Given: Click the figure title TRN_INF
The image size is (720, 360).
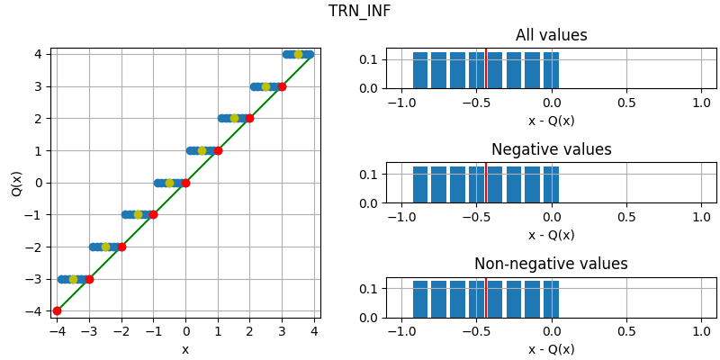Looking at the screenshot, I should click(359, 12).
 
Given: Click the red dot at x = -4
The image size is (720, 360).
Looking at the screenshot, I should click(57, 310).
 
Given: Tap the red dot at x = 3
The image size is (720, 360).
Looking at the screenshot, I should click(282, 86).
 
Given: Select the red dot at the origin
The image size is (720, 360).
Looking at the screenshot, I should click(185, 183).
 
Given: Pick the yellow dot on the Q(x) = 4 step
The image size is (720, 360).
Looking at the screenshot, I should click(298, 54).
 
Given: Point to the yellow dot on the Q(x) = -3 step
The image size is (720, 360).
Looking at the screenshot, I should click(73, 279).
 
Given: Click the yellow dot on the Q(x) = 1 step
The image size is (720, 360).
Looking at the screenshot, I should click(202, 150).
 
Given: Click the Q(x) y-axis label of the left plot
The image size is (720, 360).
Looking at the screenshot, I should click(16, 183).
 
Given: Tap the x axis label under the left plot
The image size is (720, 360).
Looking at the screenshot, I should click(185, 349).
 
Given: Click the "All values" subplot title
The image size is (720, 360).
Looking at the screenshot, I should click(551, 36).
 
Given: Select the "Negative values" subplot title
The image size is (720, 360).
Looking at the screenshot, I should click(551, 150).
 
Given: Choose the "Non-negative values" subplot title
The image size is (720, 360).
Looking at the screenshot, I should click(551, 265).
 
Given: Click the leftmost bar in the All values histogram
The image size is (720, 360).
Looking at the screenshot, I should click(420, 71).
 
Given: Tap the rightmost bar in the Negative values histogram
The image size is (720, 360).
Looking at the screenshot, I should click(551, 185).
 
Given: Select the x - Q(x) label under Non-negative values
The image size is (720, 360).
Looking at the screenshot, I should click(551, 349).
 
